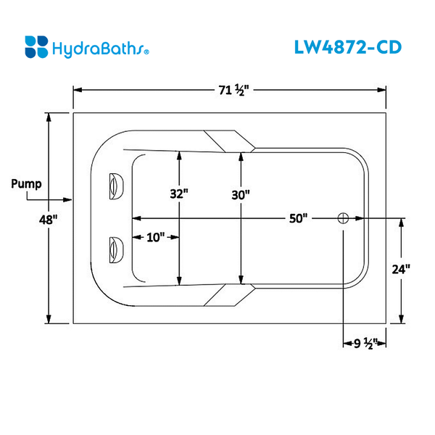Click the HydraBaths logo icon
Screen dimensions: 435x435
pos(37,46)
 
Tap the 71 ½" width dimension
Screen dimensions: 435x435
pos(233,91)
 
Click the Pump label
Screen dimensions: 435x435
pos(25,183)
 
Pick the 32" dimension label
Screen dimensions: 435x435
pos(179,194)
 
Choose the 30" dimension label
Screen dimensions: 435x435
pos(241,194)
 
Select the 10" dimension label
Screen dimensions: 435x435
pos(154,237)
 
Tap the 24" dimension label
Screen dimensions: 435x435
pos(401,269)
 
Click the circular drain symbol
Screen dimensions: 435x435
pos(343,218)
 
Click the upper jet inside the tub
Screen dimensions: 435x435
pos(115,186)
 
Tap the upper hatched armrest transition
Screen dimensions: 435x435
pos(228,141)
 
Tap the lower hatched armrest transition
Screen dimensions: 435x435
pos(228,294)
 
